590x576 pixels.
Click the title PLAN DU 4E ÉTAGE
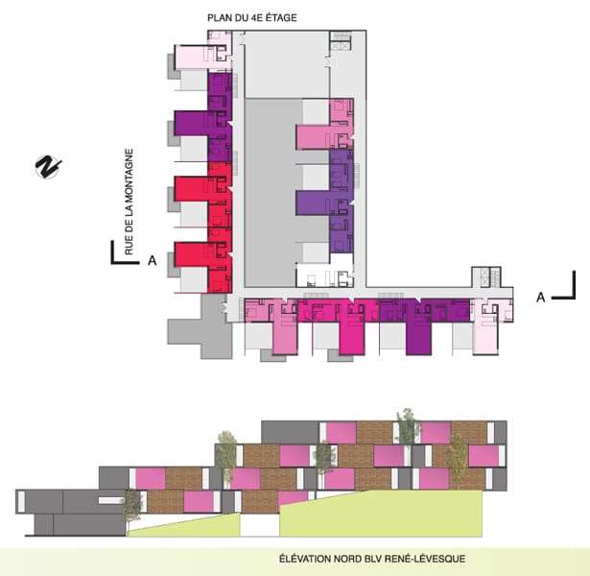(x=252, y=17)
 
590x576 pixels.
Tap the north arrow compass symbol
(x=48, y=167)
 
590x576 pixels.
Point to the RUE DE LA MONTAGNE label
(x=129, y=202)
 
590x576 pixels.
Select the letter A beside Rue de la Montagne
(x=152, y=260)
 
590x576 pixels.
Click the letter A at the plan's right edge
(x=541, y=297)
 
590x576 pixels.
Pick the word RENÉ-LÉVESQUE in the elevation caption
(x=425, y=559)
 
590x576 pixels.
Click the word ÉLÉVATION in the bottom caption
(x=304, y=559)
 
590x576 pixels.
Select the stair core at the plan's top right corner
(x=341, y=41)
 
